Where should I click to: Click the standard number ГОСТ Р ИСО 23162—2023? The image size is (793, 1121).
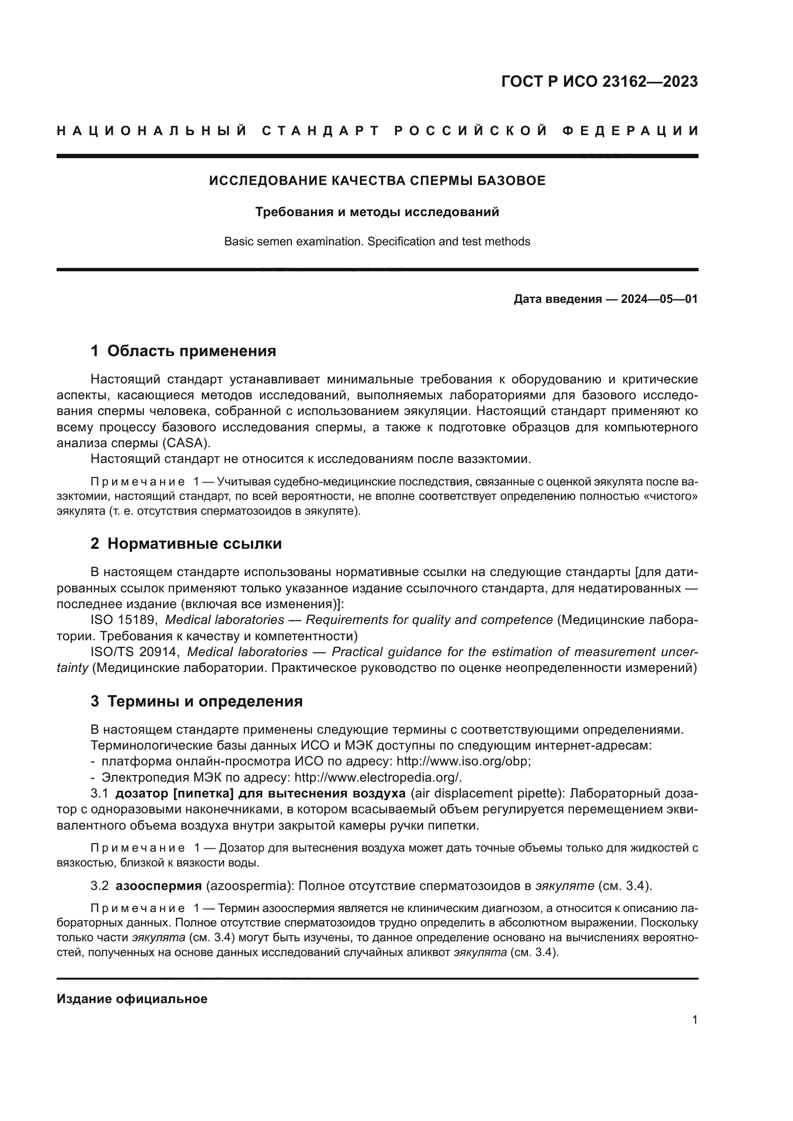click(x=599, y=81)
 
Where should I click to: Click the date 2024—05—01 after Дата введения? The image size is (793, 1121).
click(x=659, y=299)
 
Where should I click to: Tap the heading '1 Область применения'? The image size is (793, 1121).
click(x=183, y=350)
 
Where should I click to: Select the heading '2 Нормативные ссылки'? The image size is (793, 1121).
click(x=186, y=543)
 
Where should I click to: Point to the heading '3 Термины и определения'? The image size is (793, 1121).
click(x=196, y=702)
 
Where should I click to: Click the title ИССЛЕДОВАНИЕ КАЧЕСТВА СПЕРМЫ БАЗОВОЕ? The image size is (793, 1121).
click(x=377, y=181)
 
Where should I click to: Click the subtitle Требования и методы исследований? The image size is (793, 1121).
click(x=377, y=212)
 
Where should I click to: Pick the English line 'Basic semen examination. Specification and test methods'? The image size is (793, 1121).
click(x=377, y=242)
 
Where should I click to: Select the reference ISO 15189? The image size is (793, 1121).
click(x=124, y=620)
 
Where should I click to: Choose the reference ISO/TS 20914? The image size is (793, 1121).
click(x=135, y=652)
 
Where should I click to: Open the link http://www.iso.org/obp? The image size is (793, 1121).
click(x=463, y=762)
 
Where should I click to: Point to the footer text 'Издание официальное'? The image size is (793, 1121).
click(x=132, y=999)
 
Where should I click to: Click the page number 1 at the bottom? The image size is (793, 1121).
click(x=694, y=1020)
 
